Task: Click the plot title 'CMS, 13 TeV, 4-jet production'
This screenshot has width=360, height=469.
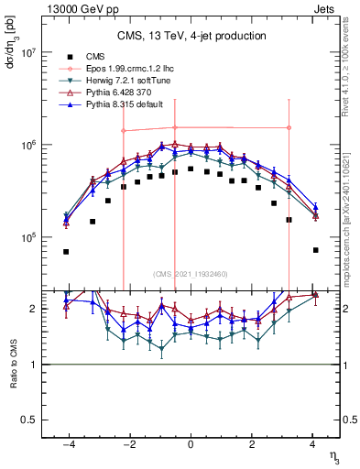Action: pyautogui.click(x=191, y=37)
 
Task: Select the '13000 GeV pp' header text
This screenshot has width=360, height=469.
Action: pyautogui.click(x=77, y=7)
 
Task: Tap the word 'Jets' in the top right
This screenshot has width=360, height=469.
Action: pyautogui.click(x=327, y=7)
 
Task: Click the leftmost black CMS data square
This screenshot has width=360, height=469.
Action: pyautogui.click(x=66, y=251)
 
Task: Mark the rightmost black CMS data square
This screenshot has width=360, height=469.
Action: pyautogui.click(x=315, y=250)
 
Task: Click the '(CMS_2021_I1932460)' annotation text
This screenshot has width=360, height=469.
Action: pyautogui.click(x=191, y=274)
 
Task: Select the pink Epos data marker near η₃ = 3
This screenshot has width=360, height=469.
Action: pyautogui.click(x=289, y=128)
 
